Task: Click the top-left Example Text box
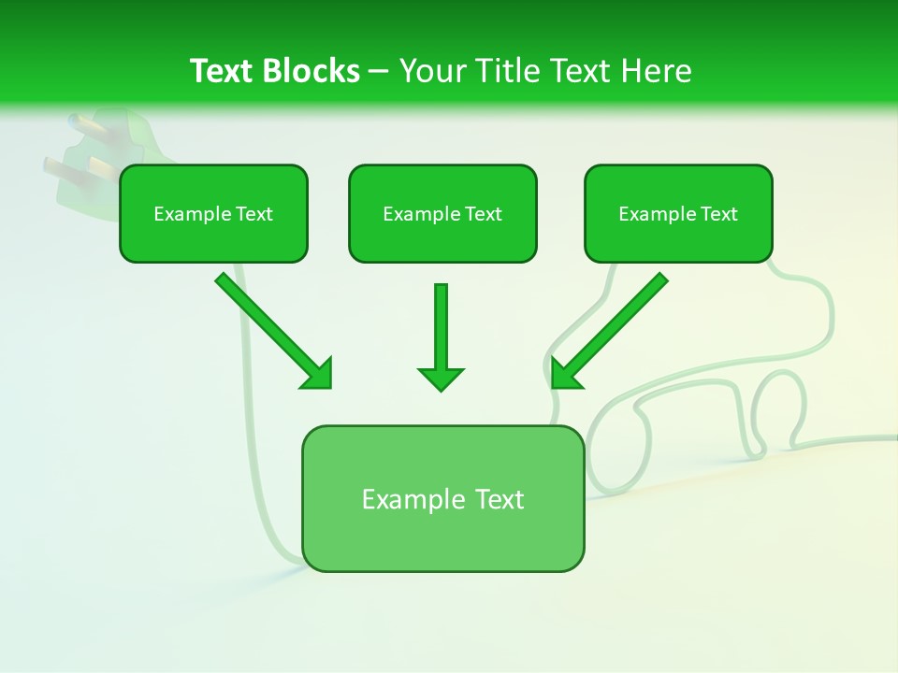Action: [213, 213]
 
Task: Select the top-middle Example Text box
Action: [442, 213]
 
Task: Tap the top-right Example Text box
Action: [678, 213]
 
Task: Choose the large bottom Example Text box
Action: [442, 498]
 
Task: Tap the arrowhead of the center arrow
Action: [441, 379]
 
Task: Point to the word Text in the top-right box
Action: [718, 214]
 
